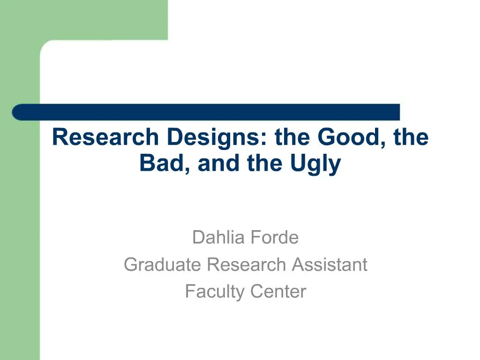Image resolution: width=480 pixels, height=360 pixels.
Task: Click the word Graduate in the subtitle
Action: click(x=163, y=265)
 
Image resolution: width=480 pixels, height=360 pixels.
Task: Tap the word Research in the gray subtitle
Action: click(x=247, y=265)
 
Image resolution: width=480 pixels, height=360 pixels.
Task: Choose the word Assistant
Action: click(x=330, y=265)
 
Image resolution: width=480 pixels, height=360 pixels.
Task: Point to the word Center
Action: click(x=278, y=292)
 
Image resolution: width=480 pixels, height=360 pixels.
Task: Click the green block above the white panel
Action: click(x=103, y=19)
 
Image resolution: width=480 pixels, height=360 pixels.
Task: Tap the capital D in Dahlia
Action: click(x=197, y=238)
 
